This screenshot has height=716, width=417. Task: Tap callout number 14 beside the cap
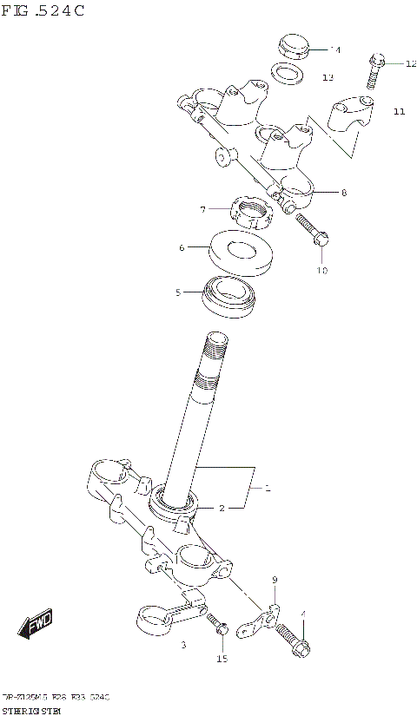335,49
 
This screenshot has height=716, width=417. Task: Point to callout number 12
411,63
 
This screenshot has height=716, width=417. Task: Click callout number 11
399,111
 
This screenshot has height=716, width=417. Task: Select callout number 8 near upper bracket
343,192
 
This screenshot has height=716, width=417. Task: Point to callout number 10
321,271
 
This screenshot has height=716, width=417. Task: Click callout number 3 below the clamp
183,646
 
